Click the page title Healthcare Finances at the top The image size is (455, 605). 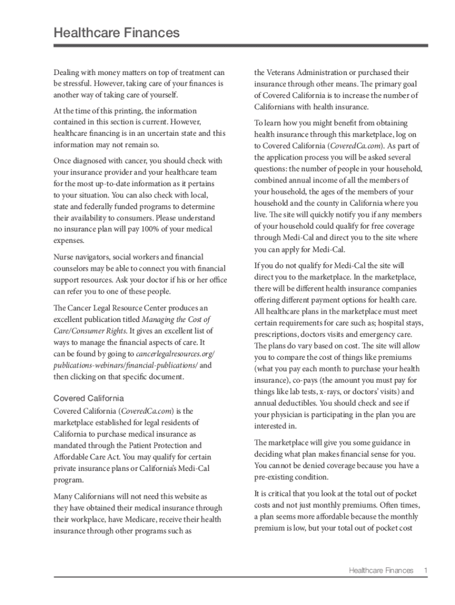click(x=116, y=33)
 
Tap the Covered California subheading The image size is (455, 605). click(x=89, y=398)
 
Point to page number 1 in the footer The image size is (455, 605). click(x=425, y=570)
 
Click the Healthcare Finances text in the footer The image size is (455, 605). click(x=381, y=570)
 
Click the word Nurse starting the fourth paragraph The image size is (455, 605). click(x=64, y=257)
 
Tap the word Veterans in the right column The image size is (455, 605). click(x=283, y=73)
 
